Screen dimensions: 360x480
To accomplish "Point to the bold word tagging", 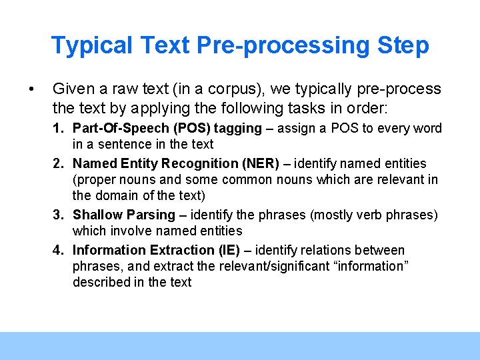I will (238, 129).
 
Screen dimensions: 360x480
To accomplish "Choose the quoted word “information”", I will (371, 267).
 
